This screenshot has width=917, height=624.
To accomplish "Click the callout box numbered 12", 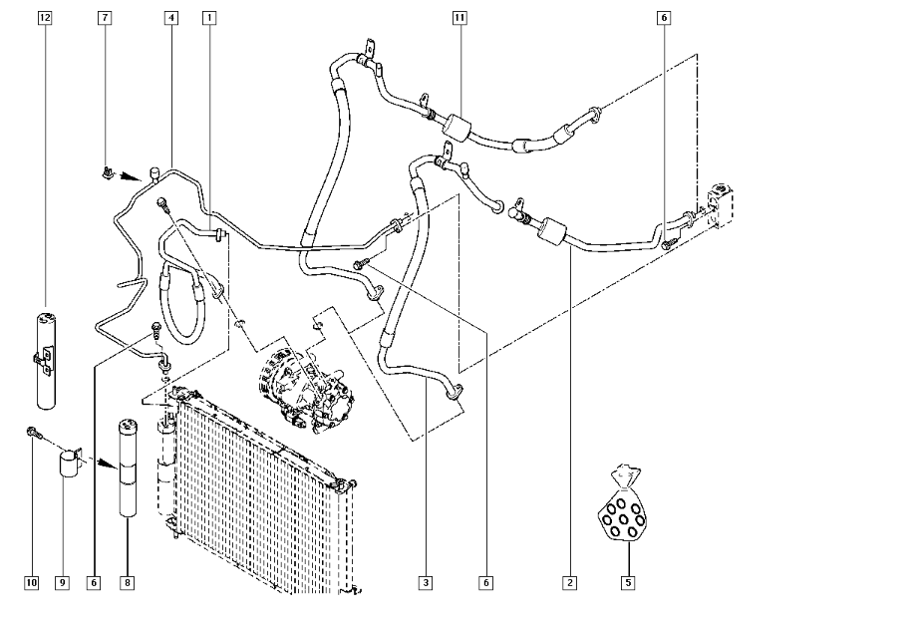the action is pos(45,18).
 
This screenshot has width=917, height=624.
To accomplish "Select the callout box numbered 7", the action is pos(105,18).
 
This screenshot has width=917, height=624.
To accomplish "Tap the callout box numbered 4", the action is pos(171,18).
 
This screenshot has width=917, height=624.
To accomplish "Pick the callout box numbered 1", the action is pos(209,18).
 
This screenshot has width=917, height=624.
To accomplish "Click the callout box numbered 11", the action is pos(459,18).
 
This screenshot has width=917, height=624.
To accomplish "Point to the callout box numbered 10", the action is pos(32,582).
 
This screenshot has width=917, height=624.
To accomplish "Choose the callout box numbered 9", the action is pos(62,582).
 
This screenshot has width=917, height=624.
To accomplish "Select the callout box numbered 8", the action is pos(128,582).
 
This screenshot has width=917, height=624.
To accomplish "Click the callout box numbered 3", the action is pos(426,582).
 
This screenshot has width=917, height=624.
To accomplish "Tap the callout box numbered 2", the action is pos(569,582).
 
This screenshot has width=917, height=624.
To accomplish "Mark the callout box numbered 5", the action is pos(628,582).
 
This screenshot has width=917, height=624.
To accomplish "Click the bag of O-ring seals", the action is pos(622,504).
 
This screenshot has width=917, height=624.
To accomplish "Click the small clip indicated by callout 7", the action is pos(107,172).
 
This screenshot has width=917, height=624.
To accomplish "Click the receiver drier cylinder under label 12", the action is pos(46,360).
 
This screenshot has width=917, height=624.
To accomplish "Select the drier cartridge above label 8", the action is pos(128,468).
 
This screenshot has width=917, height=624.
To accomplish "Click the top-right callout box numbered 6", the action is pos(664,18).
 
